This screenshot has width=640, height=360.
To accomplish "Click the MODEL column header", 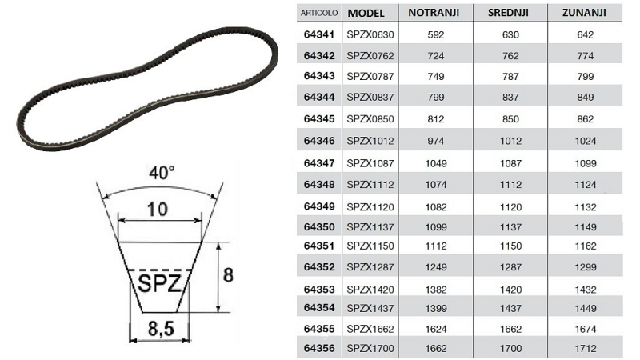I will [x=367, y=14].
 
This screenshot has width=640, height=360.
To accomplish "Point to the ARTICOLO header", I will [x=318, y=14].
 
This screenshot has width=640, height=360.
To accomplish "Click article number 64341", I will [x=319, y=35].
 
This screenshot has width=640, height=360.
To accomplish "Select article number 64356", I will [x=319, y=348].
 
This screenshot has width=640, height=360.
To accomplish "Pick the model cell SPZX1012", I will [x=368, y=140].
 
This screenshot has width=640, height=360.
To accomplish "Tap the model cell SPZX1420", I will [x=368, y=286].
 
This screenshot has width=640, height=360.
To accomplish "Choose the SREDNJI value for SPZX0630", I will [x=510, y=35].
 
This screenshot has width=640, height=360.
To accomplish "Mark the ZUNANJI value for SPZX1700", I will [x=586, y=348].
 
